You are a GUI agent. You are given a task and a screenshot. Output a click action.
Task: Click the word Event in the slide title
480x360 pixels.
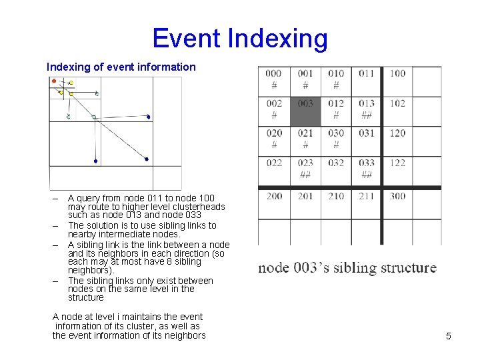click(187, 39)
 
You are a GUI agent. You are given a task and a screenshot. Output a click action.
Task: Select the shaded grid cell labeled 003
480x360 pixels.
click(305, 111)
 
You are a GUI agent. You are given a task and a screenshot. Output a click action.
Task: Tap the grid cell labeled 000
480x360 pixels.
click(273, 81)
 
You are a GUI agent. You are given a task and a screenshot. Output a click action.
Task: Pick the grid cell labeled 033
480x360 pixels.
click(366, 171)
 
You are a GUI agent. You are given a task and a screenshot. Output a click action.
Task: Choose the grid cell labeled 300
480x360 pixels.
click(397, 203)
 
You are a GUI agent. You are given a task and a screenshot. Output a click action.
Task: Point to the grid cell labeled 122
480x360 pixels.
click(397, 171)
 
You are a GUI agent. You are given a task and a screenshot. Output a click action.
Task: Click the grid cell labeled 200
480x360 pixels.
click(273, 203)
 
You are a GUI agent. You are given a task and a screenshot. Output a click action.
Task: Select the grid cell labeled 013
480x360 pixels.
click(366, 111)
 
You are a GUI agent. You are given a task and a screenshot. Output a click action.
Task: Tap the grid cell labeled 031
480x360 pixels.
click(366, 141)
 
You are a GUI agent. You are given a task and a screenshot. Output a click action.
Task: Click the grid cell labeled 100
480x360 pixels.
click(397, 81)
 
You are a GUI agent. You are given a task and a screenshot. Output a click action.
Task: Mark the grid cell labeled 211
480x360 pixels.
click(366, 203)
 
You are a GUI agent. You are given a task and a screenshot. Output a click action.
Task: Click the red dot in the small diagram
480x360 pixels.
click(54, 81)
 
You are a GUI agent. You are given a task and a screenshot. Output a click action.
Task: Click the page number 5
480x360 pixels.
click(448, 336)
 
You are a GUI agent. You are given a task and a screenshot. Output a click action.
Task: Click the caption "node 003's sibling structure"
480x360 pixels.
click(347, 268)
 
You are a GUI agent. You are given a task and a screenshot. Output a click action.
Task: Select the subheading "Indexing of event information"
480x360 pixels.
click(121, 67)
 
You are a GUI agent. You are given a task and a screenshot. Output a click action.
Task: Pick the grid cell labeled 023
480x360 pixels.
click(305, 171)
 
